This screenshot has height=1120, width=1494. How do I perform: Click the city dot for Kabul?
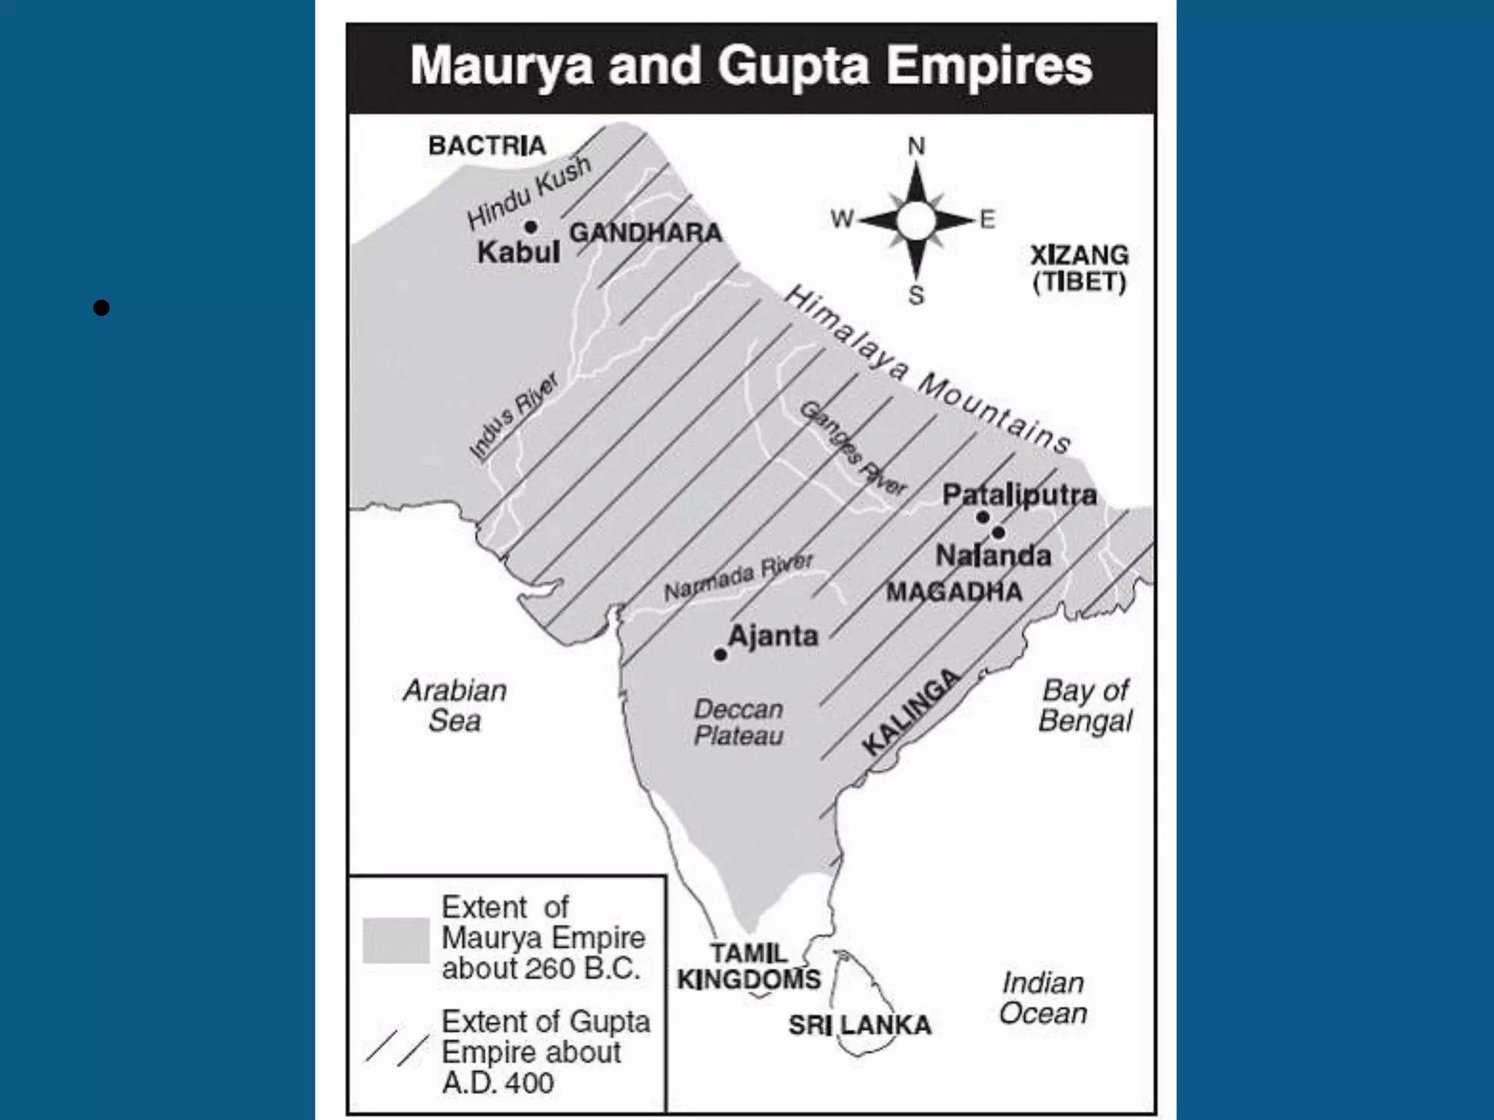[x=531, y=227]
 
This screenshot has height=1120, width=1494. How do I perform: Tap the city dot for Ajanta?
[x=720, y=654]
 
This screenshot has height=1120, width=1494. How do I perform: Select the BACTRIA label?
[x=487, y=146]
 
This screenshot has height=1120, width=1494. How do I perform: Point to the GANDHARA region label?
[x=646, y=233]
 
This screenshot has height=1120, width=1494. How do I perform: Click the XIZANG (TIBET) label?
[x=1079, y=268]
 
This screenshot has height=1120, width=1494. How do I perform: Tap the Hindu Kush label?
[x=528, y=192]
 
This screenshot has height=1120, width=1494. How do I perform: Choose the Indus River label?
[x=514, y=417]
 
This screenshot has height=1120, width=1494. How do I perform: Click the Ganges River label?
[x=853, y=448]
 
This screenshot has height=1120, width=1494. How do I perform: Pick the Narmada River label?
[x=738, y=577]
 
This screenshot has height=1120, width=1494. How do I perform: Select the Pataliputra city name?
[x=1019, y=495]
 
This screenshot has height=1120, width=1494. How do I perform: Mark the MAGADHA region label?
[x=954, y=591]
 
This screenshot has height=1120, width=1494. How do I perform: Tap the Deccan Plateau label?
[x=738, y=722]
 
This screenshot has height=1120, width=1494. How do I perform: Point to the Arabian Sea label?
[x=454, y=705]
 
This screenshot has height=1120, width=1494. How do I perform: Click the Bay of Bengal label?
[x=1085, y=705]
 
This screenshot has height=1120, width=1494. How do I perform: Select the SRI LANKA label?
[x=859, y=1024]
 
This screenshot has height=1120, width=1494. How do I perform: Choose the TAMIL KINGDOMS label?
[x=748, y=966]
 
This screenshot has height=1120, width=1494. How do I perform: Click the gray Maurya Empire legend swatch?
[x=396, y=940]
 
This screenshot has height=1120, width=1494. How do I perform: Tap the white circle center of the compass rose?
[x=916, y=219]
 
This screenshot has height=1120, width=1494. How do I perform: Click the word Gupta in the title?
[x=793, y=66]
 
